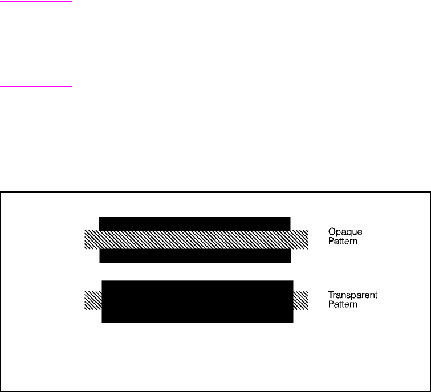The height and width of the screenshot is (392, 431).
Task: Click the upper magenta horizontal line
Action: [36, 1]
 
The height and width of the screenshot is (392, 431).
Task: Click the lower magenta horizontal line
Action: [36, 87]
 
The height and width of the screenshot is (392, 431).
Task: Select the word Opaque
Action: [345, 232]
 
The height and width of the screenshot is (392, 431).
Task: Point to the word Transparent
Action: [352, 295]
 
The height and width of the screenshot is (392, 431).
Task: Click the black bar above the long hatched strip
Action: [194, 223]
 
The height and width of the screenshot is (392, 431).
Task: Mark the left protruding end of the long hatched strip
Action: [92, 239]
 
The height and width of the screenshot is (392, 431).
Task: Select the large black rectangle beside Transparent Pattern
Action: [197, 301]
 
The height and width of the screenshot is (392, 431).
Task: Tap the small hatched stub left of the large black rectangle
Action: [93, 300]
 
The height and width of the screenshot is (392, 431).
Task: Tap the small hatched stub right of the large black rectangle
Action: [300, 300]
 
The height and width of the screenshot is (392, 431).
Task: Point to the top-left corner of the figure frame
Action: [1, 192]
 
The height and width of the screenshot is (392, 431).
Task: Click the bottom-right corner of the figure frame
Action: [429, 391]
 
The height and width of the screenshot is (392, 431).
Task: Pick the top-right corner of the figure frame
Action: [429, 192]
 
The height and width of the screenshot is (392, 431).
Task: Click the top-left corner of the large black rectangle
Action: [103, 281]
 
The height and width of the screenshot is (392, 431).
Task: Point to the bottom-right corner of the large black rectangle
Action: [292, 322]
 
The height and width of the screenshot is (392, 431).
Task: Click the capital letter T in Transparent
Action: [331, 295]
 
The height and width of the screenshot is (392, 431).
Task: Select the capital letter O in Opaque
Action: [331, 232]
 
